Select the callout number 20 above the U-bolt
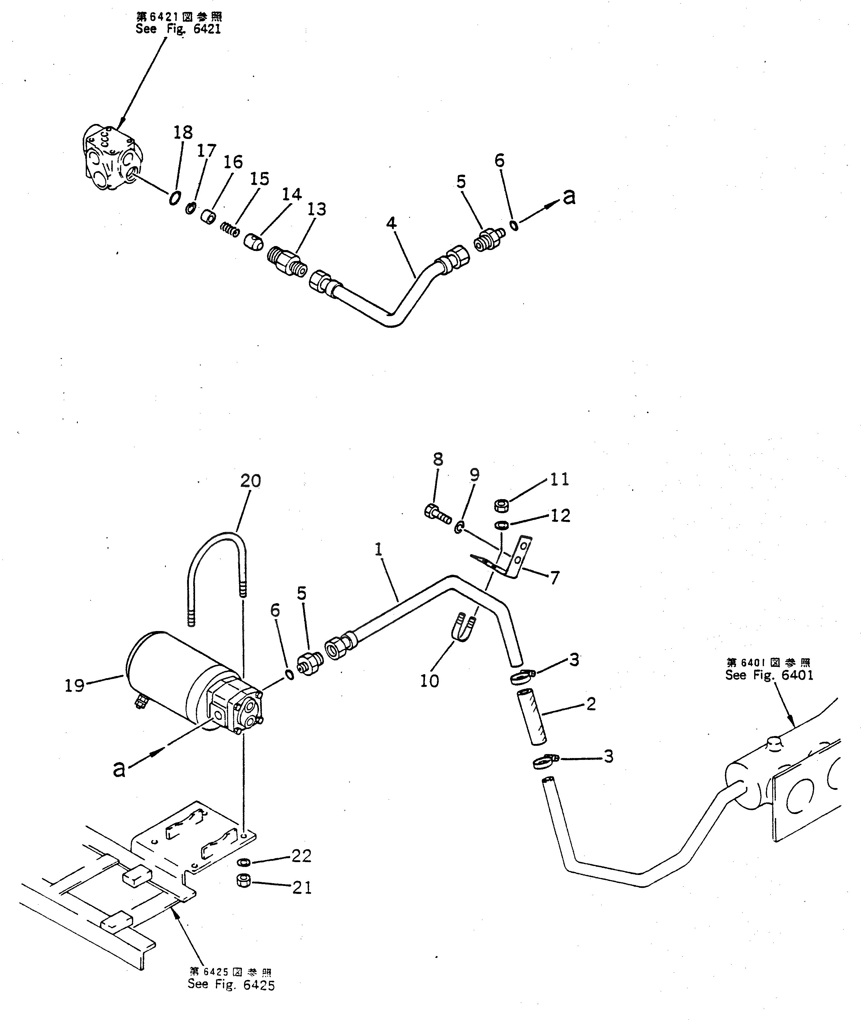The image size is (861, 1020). point(250,481)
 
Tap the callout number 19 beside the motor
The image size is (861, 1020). point(75,686)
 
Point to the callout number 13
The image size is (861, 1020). point(317,209)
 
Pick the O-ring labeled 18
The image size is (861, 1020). point(174,198)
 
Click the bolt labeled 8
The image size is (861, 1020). point(437,513)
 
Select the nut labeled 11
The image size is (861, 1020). point(502,505)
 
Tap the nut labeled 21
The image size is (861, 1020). point(243,881)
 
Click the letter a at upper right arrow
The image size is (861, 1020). point(569,196)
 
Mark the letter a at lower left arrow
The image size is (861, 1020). point(118,769)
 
